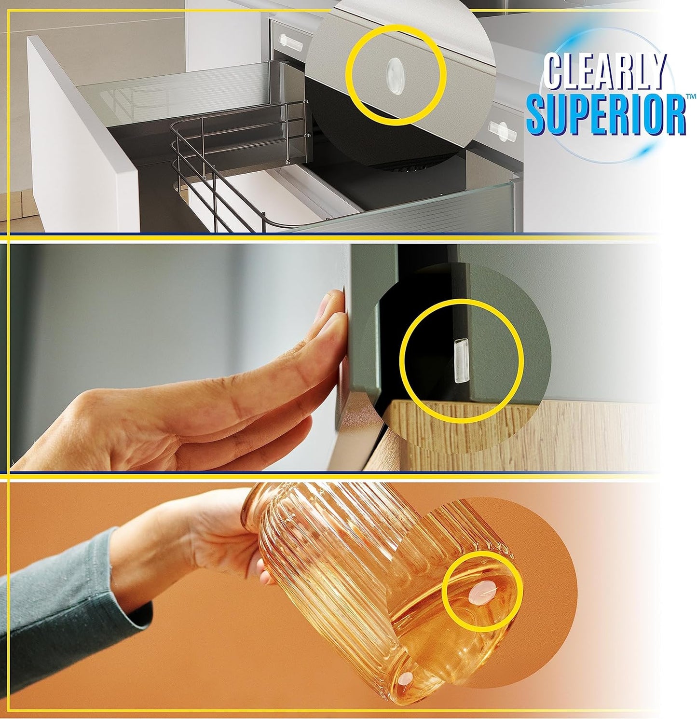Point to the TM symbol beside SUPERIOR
click(x=691, y=97)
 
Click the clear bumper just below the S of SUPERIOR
click(x=502, y=130)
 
